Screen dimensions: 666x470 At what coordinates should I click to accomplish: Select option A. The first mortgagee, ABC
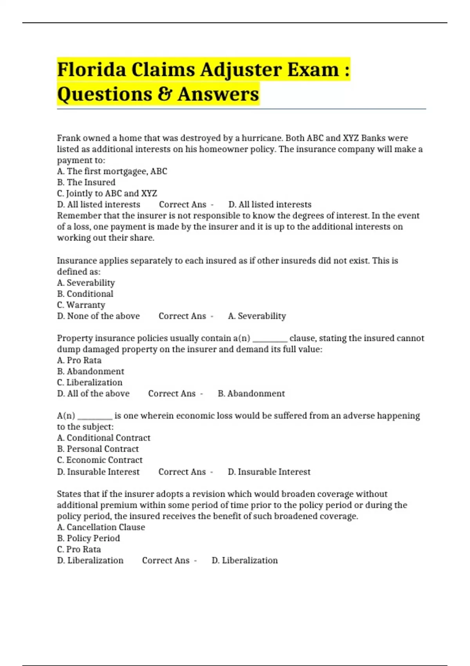pyautogui.click(x=112, y=171)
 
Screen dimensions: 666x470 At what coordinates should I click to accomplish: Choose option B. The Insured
pyautogui.click(x=86, y=182)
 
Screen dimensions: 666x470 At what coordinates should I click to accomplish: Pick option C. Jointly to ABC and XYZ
pyautogui.click(x=107, y=193)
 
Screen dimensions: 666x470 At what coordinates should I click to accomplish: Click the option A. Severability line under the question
pyautogui.click(x=86, y=283)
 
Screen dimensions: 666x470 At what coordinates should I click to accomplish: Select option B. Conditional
pyautogui.click(x=85, y=294)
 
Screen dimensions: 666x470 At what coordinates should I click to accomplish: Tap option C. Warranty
pyautogui.click(x=81, y=305)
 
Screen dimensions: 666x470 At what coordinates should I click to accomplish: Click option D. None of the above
pyautogui.click(x=98, y=316)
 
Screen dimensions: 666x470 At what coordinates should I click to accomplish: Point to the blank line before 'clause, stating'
pyautogui.click(x=270, y=339)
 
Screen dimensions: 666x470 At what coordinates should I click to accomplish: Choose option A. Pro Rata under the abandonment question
pyautogui.click(x=79, y=360)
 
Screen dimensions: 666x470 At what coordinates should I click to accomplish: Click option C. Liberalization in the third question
pyautogui.click(x=90, y=382)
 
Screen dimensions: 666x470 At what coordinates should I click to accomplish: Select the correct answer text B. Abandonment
pyautogui.click(x=251, y=393)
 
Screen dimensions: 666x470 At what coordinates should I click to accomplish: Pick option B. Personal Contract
pyautogui.click(x=98, y=449)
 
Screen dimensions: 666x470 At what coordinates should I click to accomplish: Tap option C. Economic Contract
pyautogui.click(x=100, y=460)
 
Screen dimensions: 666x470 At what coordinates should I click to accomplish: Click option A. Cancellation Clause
pyautogui.click(x=101, y=527)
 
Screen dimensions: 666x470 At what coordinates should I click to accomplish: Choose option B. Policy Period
pyautogui.click(x=89, y=538)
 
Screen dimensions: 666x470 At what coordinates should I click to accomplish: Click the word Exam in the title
pyautogui.click(x=313, y=70)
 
